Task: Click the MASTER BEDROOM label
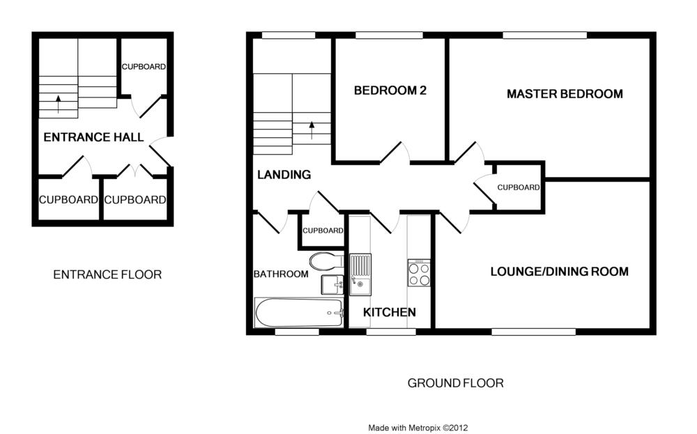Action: pyautogui.click(x=565, y=94)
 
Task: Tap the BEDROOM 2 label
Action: pyautogui.click(x=390, y=91)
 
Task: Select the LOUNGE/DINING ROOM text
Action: pyautogui.click(x=559, y=272)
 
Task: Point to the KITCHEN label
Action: pyautogui.click(x=390, y=312)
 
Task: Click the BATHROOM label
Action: pyautogui.click(x=281, y=274)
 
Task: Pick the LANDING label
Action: pyautogui.click(x=284, y=175)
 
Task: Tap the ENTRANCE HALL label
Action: pyautogui.click(x=93, y=137)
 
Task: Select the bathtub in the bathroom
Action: pyautogui.click(x=299, y=313)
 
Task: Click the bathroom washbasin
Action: pyautogui.click(x=332, y=285)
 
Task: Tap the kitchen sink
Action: pyautogui.click(x=360, y=274)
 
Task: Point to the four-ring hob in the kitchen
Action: pyautogui.click(x=419, y=273)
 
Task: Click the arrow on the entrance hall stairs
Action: pyautogui.click(x=59, y=104)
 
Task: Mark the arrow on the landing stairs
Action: pyautogui.click(x=312, y=130)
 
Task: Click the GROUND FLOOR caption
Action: pyautogui.click(x=456, y=383)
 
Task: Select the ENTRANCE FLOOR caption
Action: pyautogui.click(x=107, y=274)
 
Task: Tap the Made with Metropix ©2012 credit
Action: pyautogui.click(x=418, y=428)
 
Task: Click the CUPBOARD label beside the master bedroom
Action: pyautogui.click(x=519, y=187)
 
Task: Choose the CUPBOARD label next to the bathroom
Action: pyautogui.click(x=323, y=231)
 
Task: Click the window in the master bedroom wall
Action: pyautogui.click(x=545, y=35)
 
